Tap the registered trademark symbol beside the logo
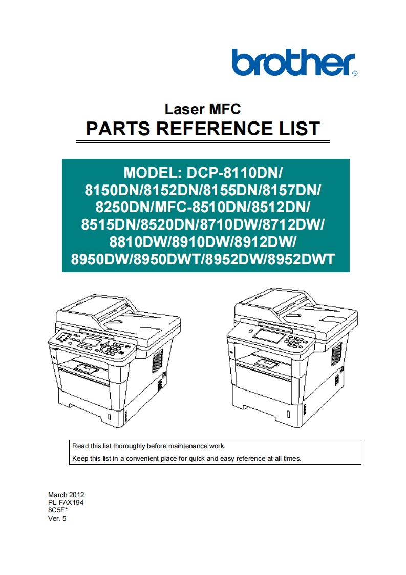[x=355, y=73]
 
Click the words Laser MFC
[x=203, y=109]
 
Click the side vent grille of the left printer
[x=157, y=361]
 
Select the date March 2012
[x=66, y=495]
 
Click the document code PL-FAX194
[x=66, y=503]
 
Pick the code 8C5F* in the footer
[x=58, y=510]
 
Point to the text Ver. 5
[x=57, y=518]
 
